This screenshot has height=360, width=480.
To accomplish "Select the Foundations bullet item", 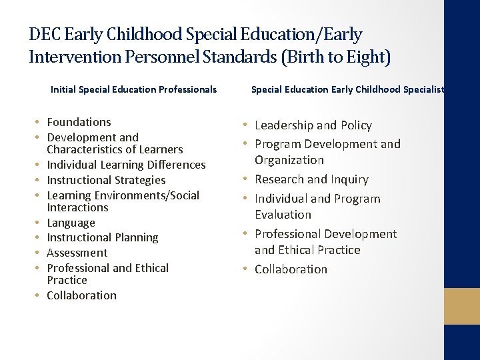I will (79, 122).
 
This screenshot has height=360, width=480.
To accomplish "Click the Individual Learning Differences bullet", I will (126, 165).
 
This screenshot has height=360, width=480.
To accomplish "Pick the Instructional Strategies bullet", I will (106, 180).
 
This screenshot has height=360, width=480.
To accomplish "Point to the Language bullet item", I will (71, 223).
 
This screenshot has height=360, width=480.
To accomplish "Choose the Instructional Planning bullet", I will (103, 237).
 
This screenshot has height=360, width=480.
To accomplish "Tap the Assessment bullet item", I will (77, 253).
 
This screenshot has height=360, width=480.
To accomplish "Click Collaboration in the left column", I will (81, 295).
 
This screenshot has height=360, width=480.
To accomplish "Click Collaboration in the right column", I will (291, 269).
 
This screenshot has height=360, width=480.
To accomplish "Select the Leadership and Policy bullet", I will (313, 125).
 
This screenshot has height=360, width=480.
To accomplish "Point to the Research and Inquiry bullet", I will (311, 179).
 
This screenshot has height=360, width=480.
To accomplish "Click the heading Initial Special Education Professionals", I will (133, 89).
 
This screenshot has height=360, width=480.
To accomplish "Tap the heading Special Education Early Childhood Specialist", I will (347, 89).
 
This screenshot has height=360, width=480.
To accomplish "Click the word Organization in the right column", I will (289, 160).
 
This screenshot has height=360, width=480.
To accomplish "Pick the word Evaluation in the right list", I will (283, 215).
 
